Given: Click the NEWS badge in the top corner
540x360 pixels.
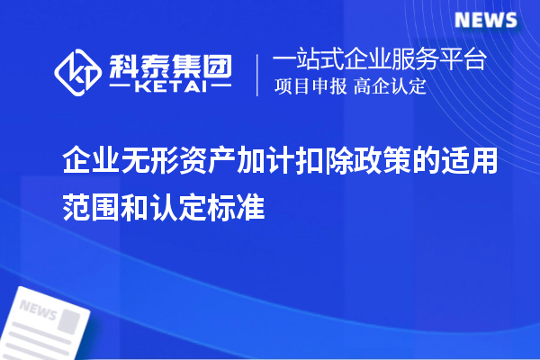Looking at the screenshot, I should pos(485,20).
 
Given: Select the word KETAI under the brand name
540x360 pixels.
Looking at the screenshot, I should pos(170,88).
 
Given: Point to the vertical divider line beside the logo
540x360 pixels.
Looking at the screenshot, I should pos(258,75).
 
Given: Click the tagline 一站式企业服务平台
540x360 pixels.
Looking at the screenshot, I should pos(380,61).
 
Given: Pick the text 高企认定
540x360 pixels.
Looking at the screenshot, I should pos(391,88).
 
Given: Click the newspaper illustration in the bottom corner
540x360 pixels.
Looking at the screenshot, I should pos(49,324).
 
